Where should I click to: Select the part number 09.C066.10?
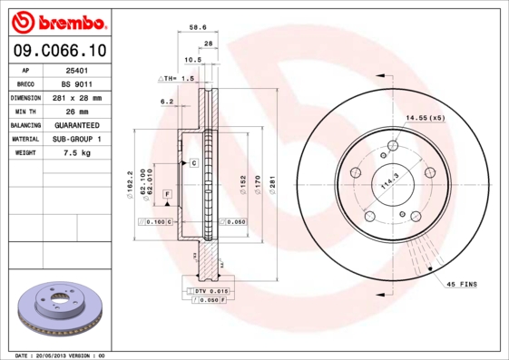tap(59, 51)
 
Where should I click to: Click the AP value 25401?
tap(76, 69)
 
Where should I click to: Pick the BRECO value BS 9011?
tap(76, 83)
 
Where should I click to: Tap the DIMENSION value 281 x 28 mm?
tap(76, 96)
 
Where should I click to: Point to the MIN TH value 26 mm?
tap(76, 111)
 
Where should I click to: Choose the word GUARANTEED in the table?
tap(76, 124)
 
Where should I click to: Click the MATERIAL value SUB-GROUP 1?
tap(76, 139)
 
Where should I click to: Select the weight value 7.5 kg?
tap(76, 153)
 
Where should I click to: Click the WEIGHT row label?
tap(24, 153)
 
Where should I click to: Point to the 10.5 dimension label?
tap(192, 60)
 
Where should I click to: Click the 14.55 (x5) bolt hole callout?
tap(425, 118)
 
